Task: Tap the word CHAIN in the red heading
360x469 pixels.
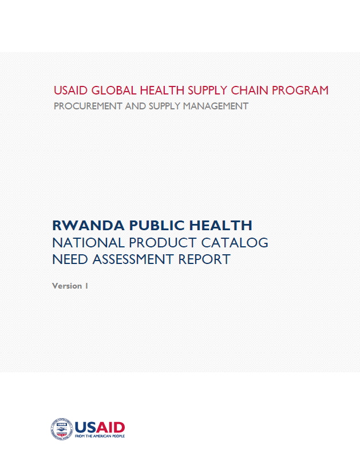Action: [250, 90]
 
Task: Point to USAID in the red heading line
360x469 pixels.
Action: [70, 90]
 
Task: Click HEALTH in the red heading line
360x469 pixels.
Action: [162, 90]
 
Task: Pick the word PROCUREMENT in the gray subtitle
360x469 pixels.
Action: [88, 106]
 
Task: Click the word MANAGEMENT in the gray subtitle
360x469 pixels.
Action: [216, 106]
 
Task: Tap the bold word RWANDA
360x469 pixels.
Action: [89, 226]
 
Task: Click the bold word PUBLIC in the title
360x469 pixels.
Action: [157, 226]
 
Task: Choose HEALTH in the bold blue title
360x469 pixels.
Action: [221, 226]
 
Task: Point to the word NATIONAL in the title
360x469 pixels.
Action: [89, 243]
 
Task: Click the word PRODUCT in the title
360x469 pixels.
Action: [163, 243]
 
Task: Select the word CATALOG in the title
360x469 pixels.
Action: [235, 243]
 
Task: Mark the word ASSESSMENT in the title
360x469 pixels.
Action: [133, 259]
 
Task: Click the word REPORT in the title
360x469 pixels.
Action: [204, 259]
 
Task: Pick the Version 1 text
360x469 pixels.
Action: [70, 286]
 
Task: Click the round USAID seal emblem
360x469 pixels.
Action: [62, 429]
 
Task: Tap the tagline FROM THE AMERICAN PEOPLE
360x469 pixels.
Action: [100, 436]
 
